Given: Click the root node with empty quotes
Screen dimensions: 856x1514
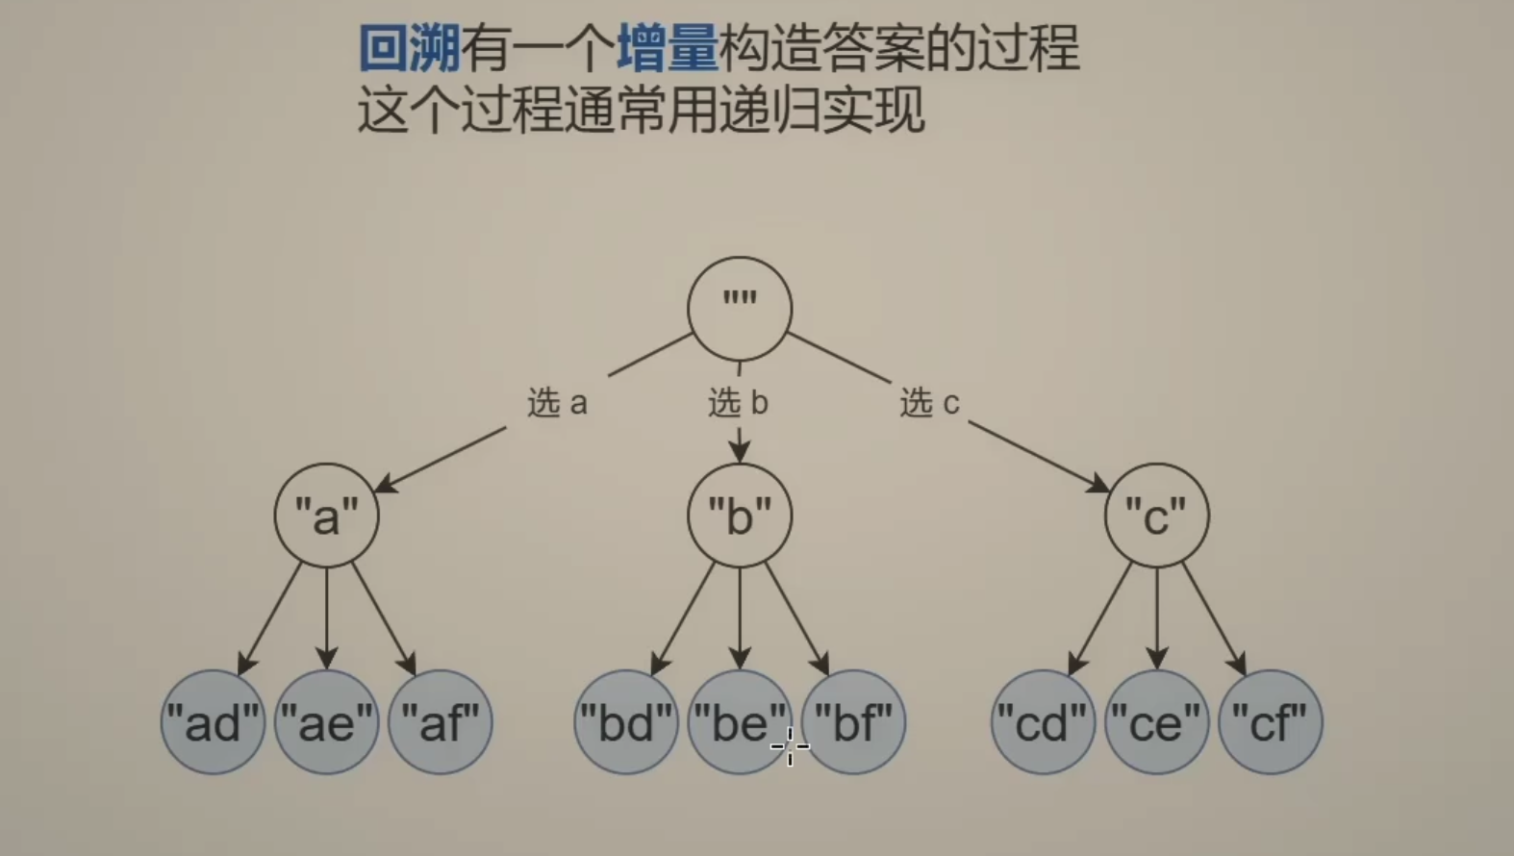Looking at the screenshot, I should [739, 308].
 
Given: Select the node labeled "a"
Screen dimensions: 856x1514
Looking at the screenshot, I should [326, 516].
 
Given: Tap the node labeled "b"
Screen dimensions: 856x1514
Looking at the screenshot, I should [739, 516].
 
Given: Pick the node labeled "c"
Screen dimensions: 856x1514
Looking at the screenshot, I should [1156, 516].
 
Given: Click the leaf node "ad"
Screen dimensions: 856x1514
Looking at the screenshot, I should [213, 722].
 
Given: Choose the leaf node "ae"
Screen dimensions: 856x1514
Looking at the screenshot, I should [326, 722].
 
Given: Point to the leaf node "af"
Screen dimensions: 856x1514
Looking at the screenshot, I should [441, 722].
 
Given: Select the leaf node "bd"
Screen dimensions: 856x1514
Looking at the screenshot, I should [626, 722].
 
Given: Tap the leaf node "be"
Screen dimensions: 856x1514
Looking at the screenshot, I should [739, 722].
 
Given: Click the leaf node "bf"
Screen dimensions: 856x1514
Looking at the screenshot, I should [853, 722].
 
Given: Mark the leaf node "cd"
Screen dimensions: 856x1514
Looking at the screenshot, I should [1043, 722].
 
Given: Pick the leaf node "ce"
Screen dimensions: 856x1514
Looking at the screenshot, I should [1156, 722].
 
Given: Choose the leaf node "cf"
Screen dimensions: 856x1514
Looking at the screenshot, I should [1271, 722].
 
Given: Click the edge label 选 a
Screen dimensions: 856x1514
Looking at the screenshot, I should [557, 403].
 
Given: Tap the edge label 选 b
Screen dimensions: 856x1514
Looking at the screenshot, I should [738, 403].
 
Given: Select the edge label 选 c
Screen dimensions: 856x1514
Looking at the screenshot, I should [929, 403].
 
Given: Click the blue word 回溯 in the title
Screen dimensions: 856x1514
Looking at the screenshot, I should [410, 48].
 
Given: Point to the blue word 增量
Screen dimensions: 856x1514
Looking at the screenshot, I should [668, 48].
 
